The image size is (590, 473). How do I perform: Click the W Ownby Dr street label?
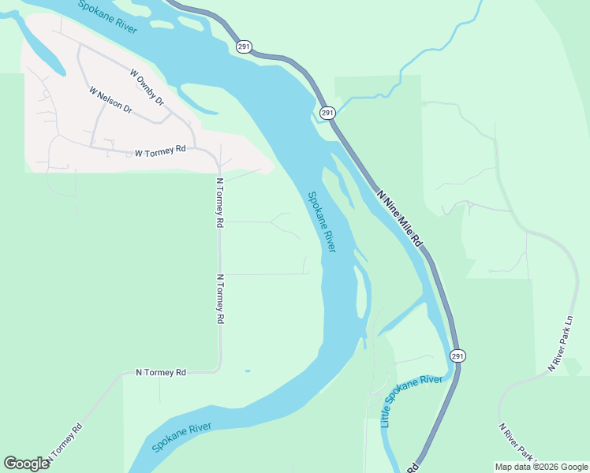[x=147, y=87]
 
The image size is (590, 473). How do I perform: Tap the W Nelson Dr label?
[x=110, y=100]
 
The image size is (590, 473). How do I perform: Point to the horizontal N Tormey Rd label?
[x=161, y=371]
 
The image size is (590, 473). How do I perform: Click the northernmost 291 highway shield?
[x=245, y=47]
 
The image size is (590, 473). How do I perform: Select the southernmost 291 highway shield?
[x=457, y=356]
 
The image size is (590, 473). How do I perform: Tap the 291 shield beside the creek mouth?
[x=328, y=114]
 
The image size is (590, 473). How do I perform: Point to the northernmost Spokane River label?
[x=108, y=17]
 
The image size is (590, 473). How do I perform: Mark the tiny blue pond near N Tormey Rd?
[x=248, y=371]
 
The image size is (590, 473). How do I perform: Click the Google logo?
[x=26, y=464]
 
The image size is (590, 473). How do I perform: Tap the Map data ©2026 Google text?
[x=541, y=467]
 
